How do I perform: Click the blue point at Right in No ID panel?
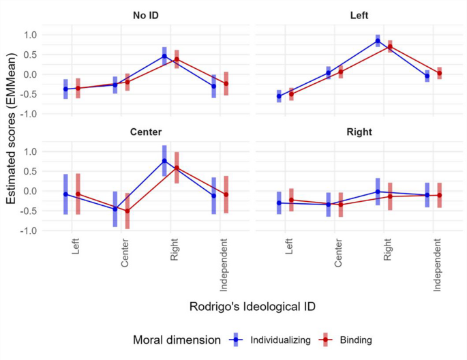coord(164,56)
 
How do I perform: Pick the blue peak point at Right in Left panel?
coord(378,41)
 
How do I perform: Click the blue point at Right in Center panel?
coord(164,161)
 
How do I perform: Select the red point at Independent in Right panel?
coord(440,196)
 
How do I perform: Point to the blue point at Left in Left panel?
coord(279,96)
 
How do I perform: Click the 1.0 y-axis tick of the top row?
coord(29,35)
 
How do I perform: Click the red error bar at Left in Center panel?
coord(78,194)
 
